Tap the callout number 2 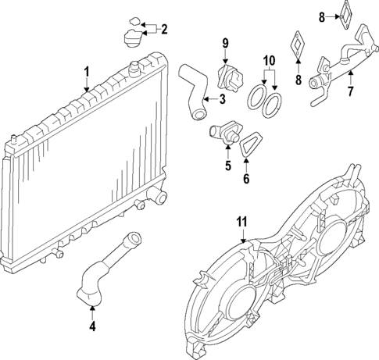click(x=164, y=30)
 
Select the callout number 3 click(x=222, y=98)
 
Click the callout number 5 click(x=228, y=166)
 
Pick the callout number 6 click(x=248, y=180)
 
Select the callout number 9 click(x=224, y=41)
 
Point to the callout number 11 click(x=242, y=222)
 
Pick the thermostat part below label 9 click(x=227, y=78)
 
